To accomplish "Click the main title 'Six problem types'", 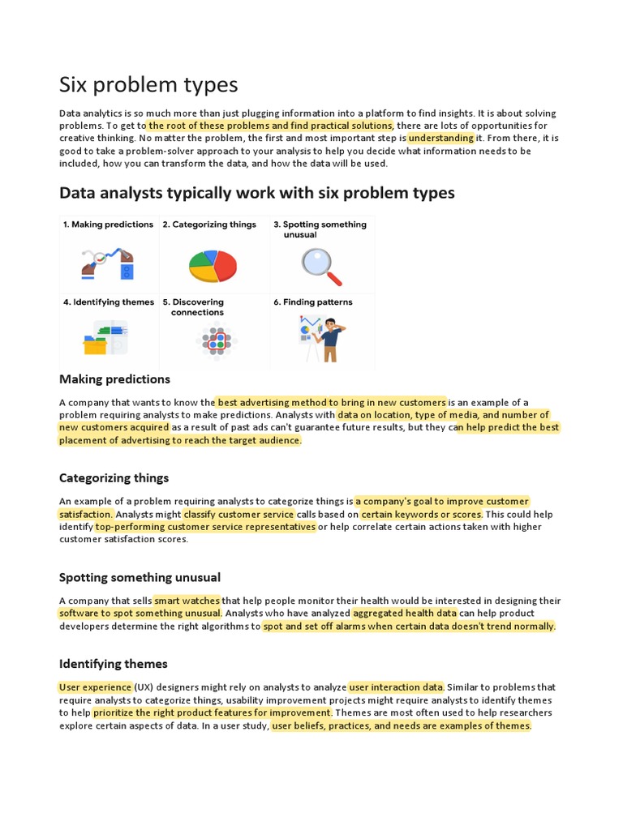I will pyautogui.click(x=148, y=84).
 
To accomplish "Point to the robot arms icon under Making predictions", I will pyautogui.click(x=107, y=263).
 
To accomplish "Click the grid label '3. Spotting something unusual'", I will pyautogui.click(x=320, y=229).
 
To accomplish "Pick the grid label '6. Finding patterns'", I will pyautogui.click(x=313, y=302).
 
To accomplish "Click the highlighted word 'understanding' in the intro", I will pyautogui.click(x=440, y=139).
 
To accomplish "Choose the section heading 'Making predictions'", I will pyautogui.click(x=114, y=379).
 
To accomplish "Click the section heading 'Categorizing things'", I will pyautogui.click(x=114, y=478).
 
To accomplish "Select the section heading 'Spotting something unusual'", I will pyautogui.click(x=140, y=578).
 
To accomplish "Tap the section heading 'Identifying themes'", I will pyautogui.click(x=113, y=664).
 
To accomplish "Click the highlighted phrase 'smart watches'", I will pyautogui.click(x=187, y=601).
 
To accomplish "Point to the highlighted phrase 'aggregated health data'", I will pyautogui.click(x=404, y=614).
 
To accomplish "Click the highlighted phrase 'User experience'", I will pyautogui.click(x=95, y=687).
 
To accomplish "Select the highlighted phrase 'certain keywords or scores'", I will pyautogui.click(x=421, y=514).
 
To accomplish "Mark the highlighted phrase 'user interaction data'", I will pyautogui.click(x=396, y=687).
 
